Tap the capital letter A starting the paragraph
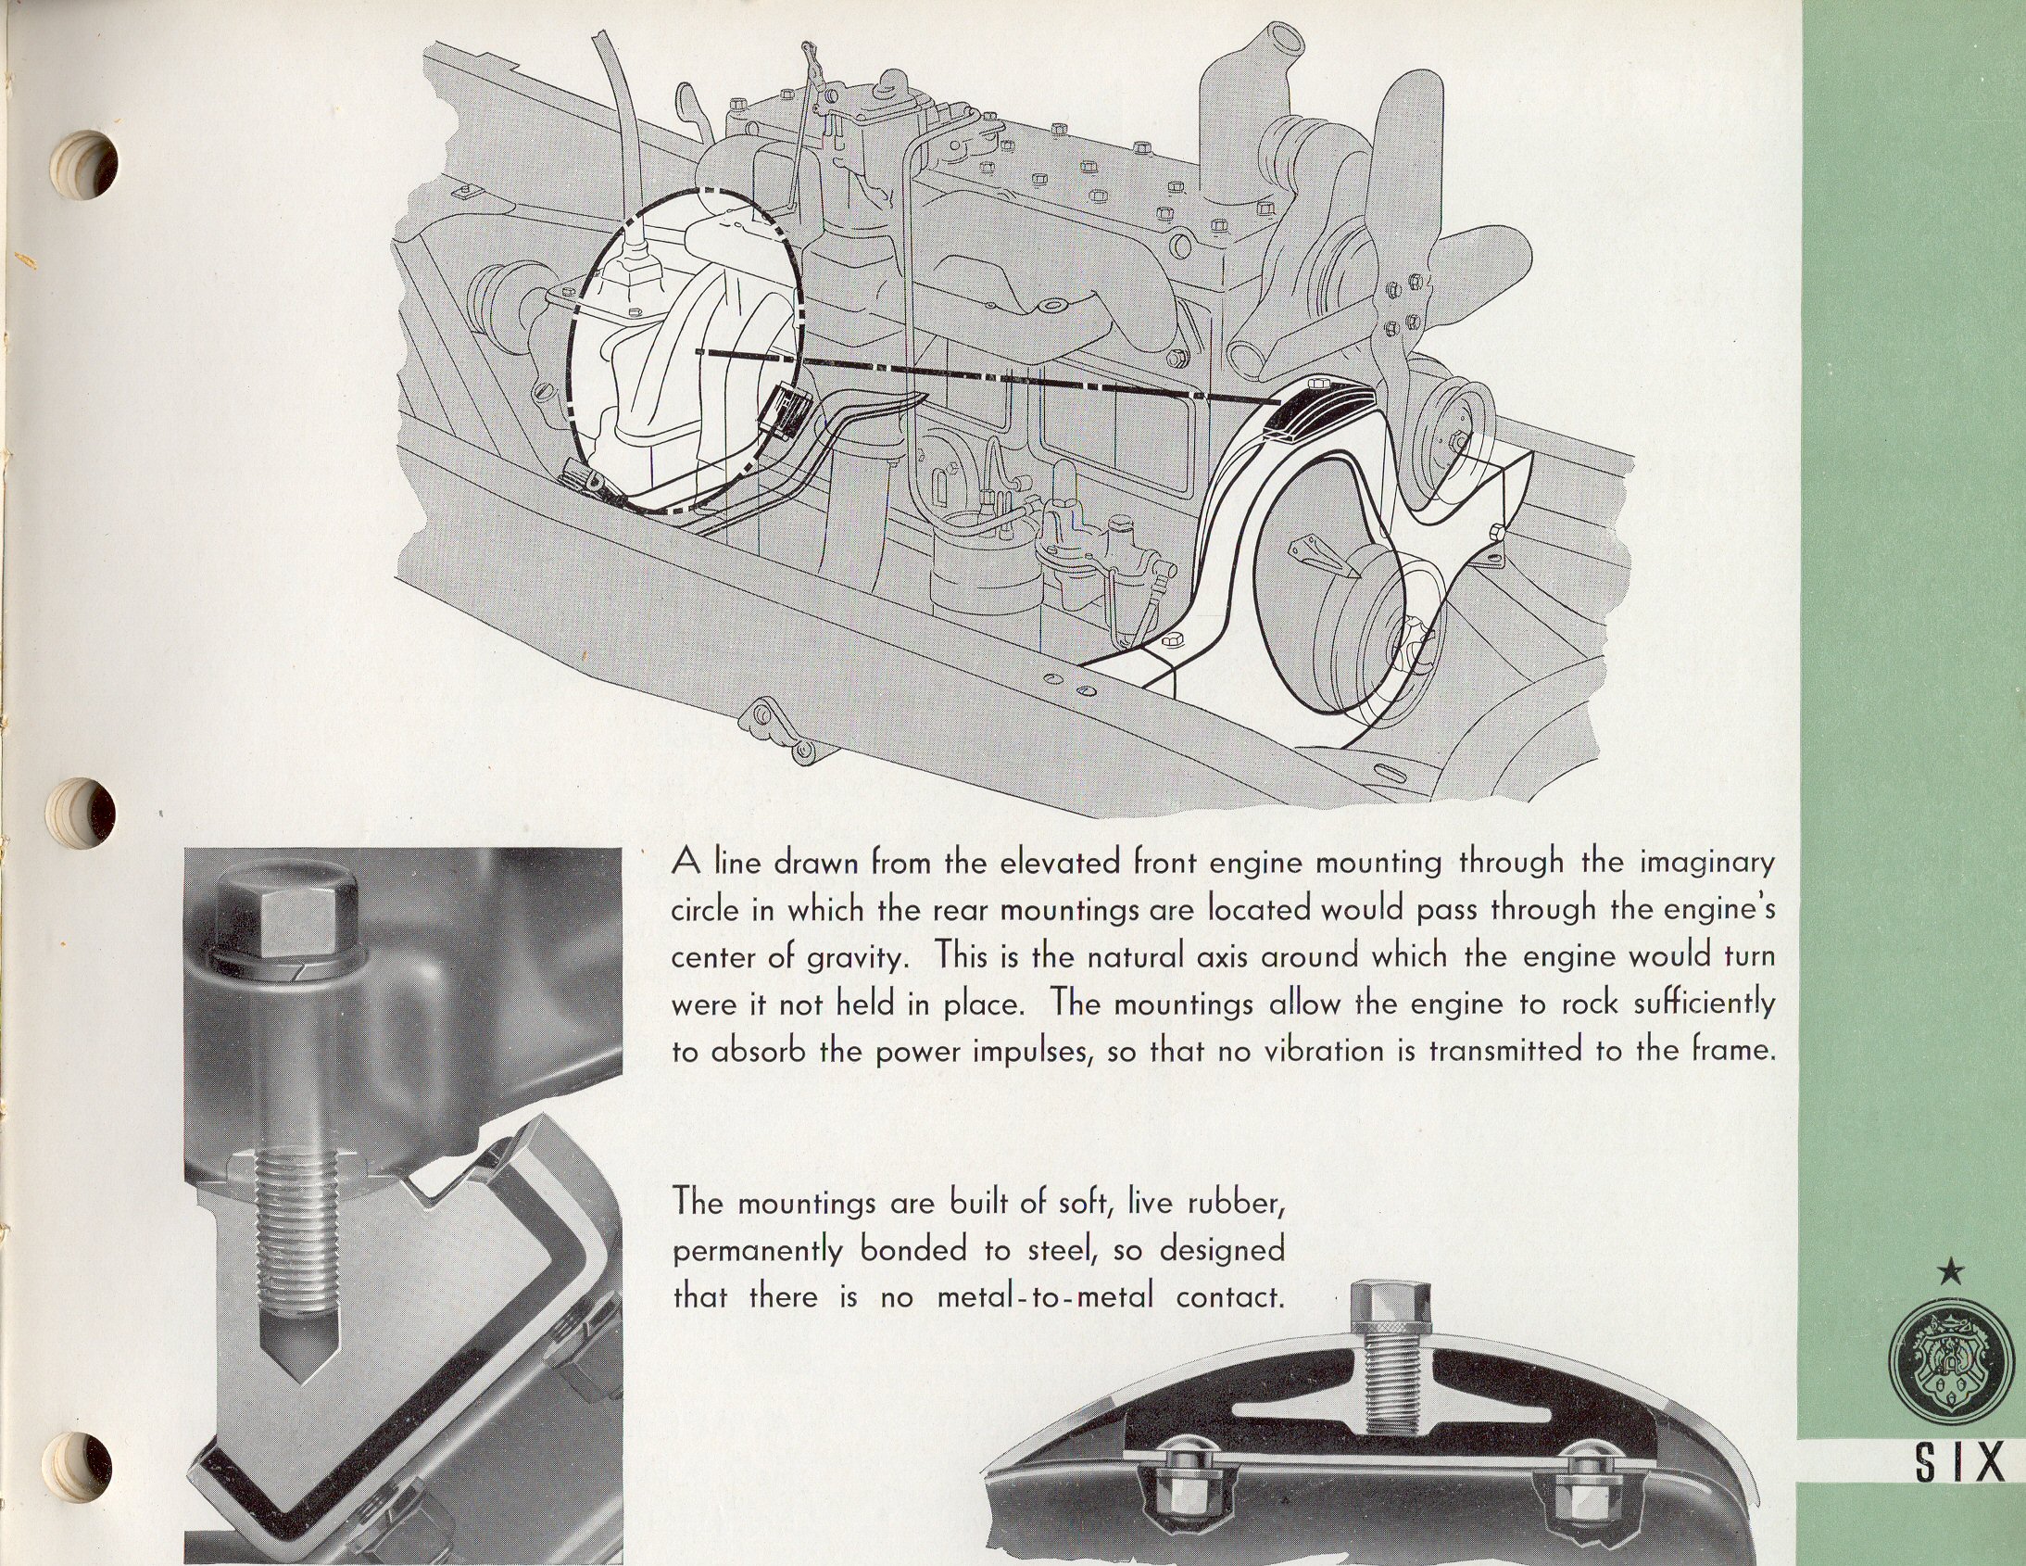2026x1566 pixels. (x=684, y=863)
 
